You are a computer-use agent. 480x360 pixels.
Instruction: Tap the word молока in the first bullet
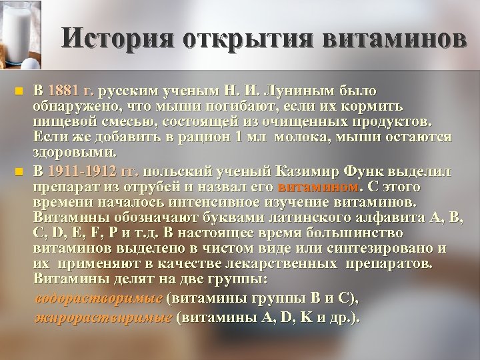coord(310,137)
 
